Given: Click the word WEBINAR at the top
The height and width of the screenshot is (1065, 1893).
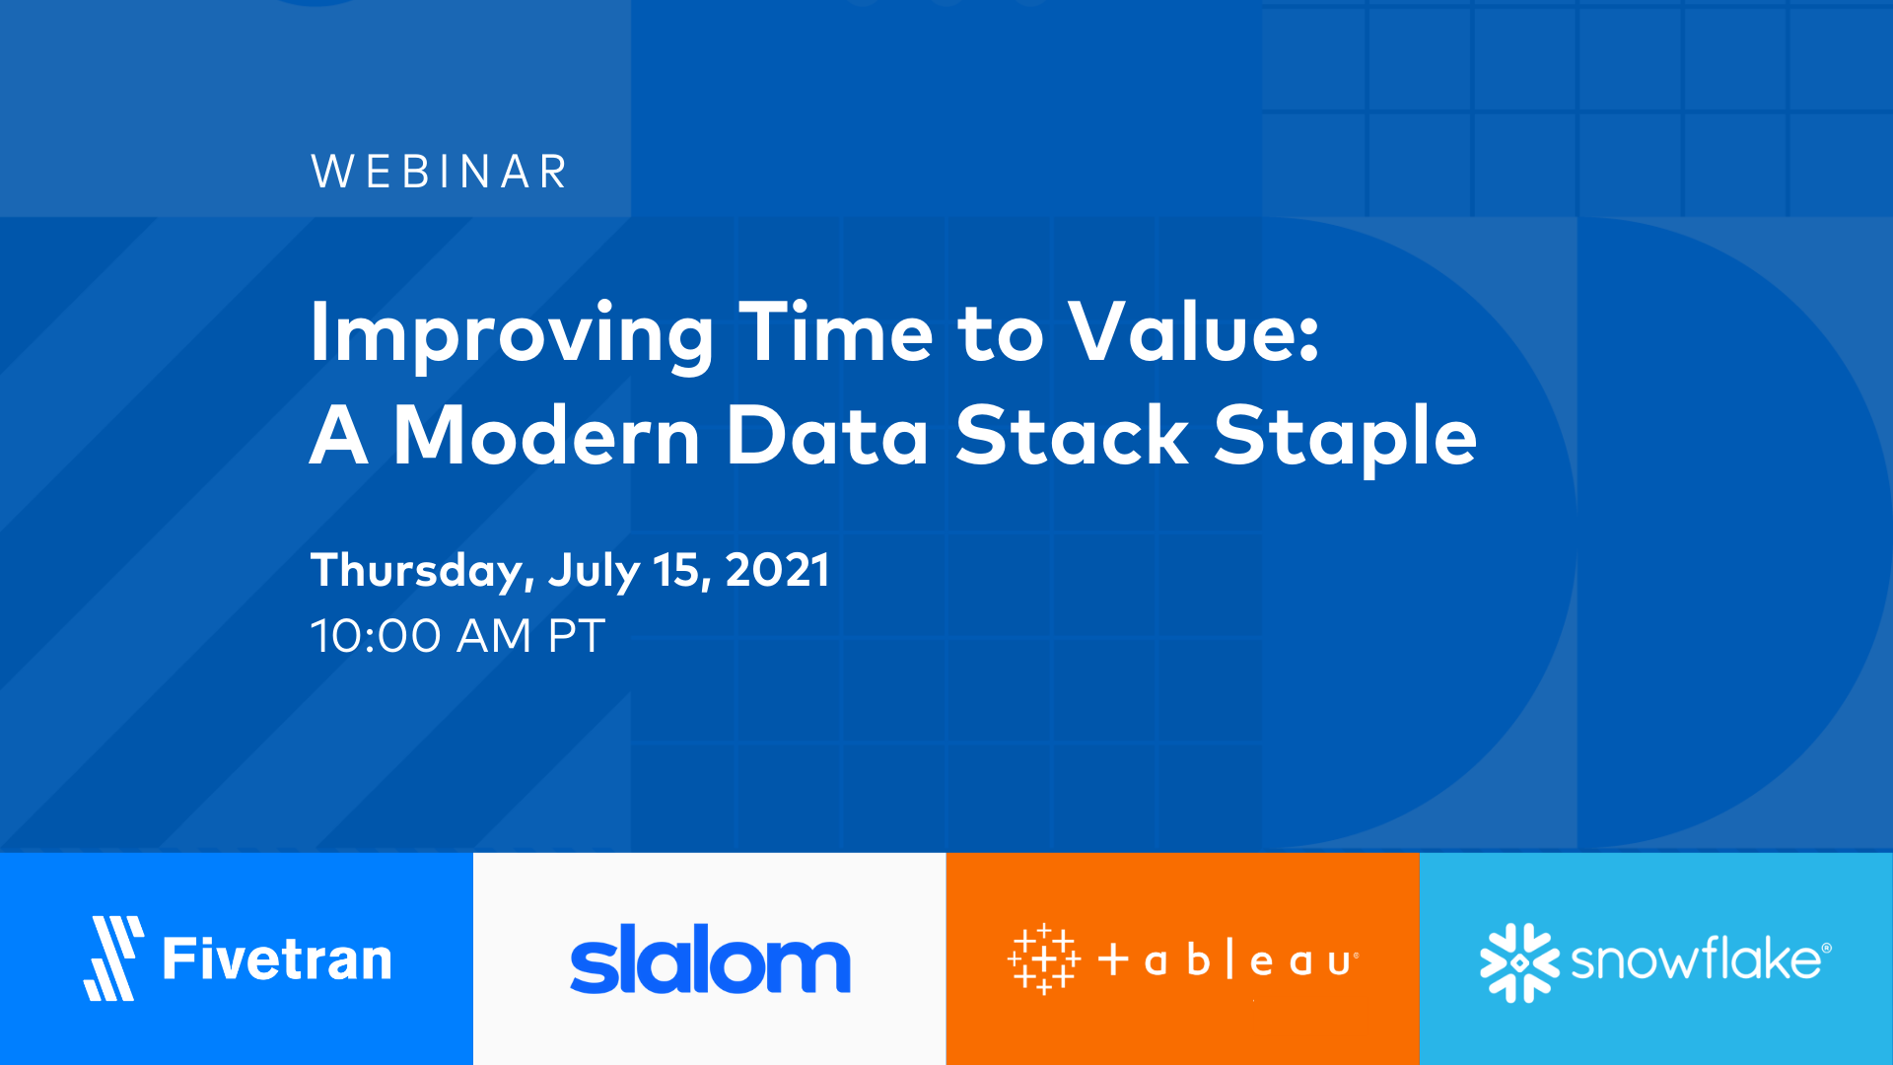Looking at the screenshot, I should click(439, 172).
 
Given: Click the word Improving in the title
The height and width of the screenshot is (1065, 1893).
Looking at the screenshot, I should click(511, 335).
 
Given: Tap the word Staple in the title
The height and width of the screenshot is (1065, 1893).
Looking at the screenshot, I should click(1345, 439).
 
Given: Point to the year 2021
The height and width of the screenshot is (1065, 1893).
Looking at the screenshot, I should click(777, 570).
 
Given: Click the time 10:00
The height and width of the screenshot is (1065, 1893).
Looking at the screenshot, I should click(376, 636).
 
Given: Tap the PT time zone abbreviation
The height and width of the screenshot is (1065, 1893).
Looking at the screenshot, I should click(576, 636).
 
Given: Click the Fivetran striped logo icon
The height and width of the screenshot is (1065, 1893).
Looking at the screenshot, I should click(113, 958).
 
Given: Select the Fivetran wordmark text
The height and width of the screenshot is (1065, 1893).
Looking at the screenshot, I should click(277, 959).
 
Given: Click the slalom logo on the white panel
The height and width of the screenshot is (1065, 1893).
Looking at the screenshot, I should click(710, 959).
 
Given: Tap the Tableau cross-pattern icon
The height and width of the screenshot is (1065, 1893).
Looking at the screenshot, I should click(1043, 959).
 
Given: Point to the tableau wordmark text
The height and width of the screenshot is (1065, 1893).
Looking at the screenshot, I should click(1228, 959).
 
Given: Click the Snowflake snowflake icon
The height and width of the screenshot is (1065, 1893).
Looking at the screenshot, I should click(1518, 961).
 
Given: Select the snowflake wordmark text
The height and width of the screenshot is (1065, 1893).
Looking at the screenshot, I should click(1698, 959).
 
